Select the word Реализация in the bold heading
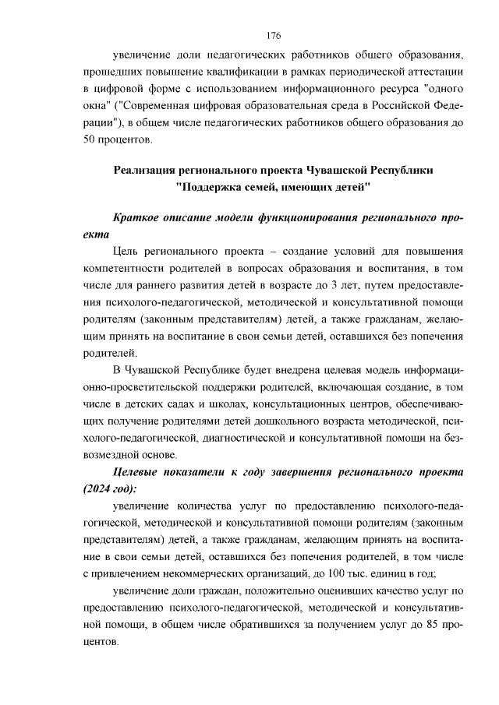coord(149,169)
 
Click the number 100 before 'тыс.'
coord(345,575)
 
